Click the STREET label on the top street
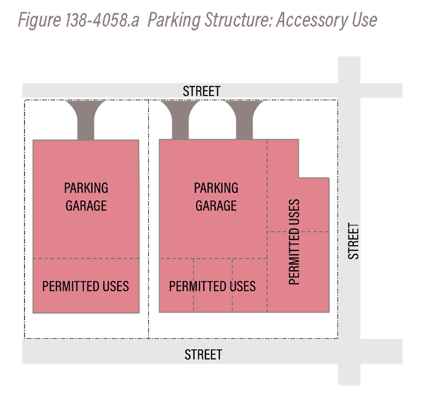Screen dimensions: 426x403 coord(201,91)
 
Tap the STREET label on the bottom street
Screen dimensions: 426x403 coord(203,355)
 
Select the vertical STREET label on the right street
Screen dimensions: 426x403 coord(353,241)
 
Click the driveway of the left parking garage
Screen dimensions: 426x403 coord(86,120)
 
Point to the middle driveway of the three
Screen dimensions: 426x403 coord(180,119)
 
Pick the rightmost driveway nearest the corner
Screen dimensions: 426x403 coord(244,119)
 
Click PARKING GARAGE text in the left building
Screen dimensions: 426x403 coord(86,197)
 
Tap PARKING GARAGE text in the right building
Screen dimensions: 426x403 coord(216,197)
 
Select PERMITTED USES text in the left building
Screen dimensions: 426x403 coord(86,286)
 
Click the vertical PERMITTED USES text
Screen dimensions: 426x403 coord(293,242)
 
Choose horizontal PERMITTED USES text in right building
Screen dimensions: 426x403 coord(212,286)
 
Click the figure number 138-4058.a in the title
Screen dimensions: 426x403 coord(102,20)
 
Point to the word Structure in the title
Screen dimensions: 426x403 coord(237,20)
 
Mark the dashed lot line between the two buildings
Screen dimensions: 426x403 coord(149,219)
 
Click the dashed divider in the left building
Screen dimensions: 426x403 coord(86,259)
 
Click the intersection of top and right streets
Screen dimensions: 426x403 coord(349,90)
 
